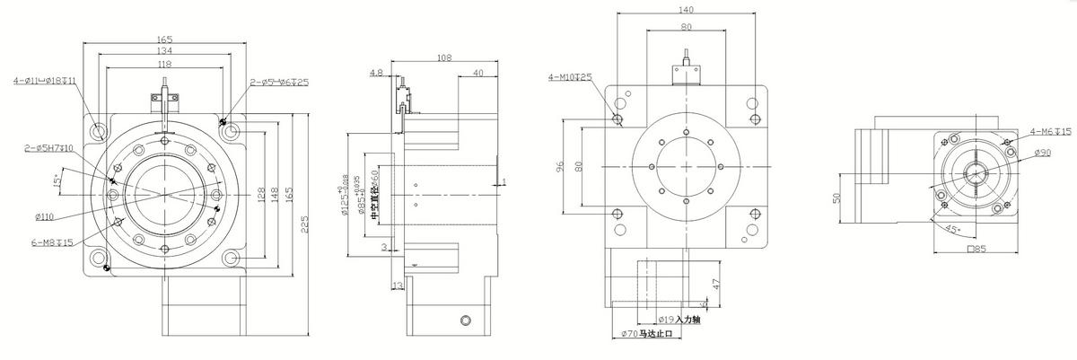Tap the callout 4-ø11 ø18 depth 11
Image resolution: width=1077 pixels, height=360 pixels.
coord(44,81)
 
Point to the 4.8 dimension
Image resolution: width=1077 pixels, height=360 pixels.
coord(376,72)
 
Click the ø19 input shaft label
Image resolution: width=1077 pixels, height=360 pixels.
coord(679,319)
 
